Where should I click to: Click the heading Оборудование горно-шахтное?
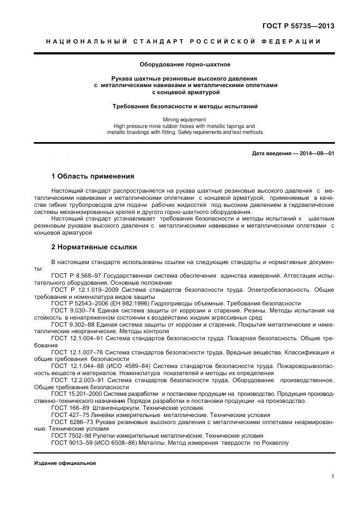point(180,64)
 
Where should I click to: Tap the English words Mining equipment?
point(180,119)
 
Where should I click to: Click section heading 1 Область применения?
point(92,176)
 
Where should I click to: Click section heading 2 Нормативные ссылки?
point(90,247)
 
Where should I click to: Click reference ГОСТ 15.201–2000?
point(77,393)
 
